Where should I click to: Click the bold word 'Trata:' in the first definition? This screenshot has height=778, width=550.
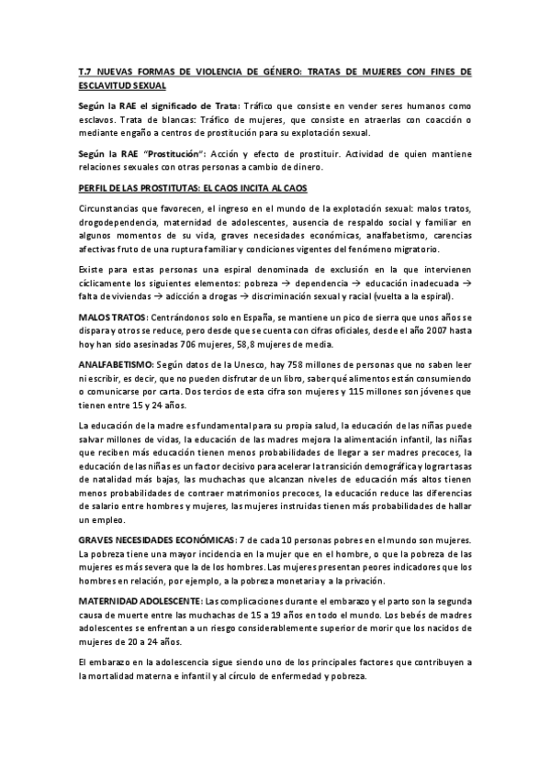[x=223, y=106]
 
